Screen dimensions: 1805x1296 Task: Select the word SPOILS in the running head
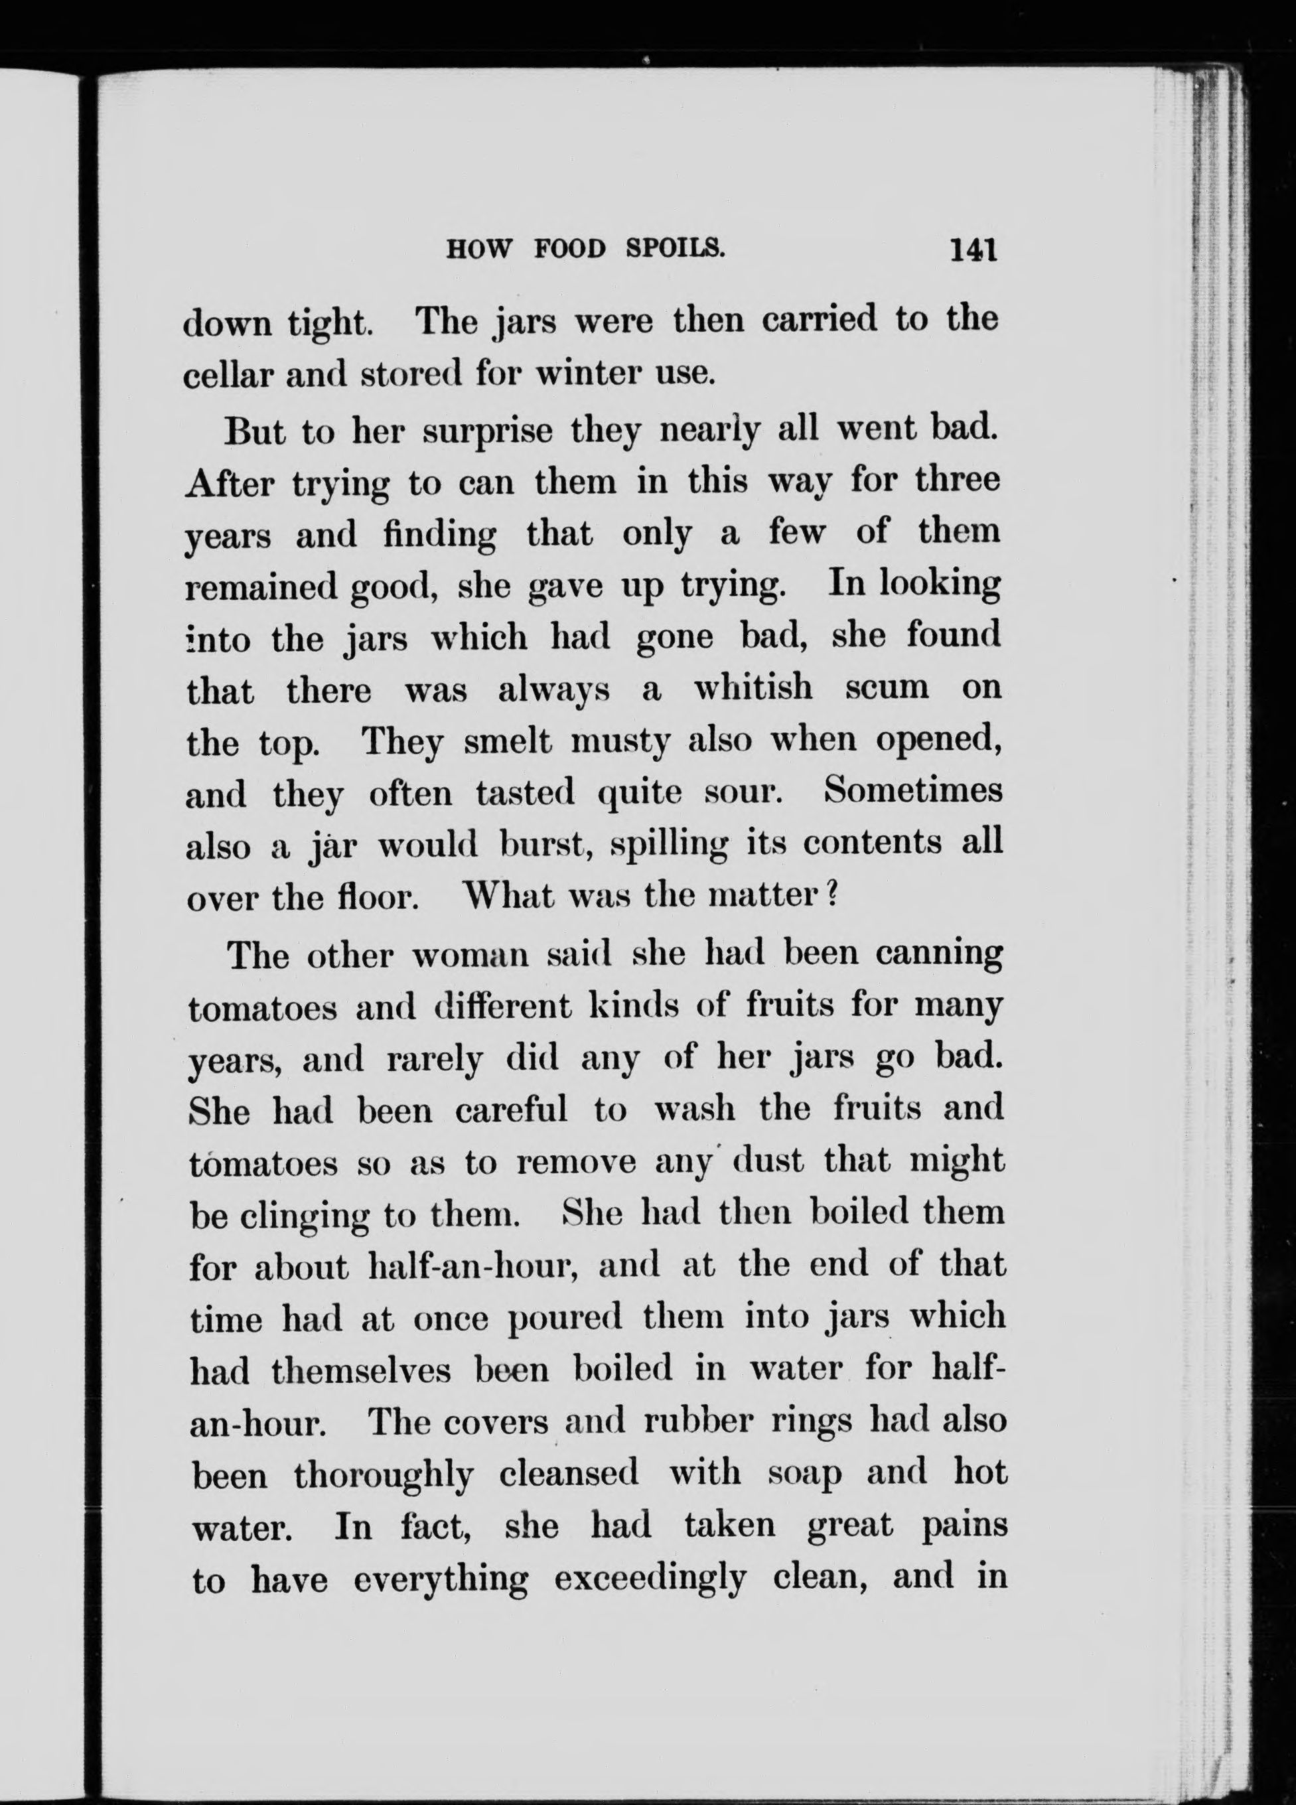point(675,250)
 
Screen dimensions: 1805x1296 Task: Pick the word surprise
point(487,431)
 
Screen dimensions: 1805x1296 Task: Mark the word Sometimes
point(913,791)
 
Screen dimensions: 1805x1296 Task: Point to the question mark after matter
point(826,896)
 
